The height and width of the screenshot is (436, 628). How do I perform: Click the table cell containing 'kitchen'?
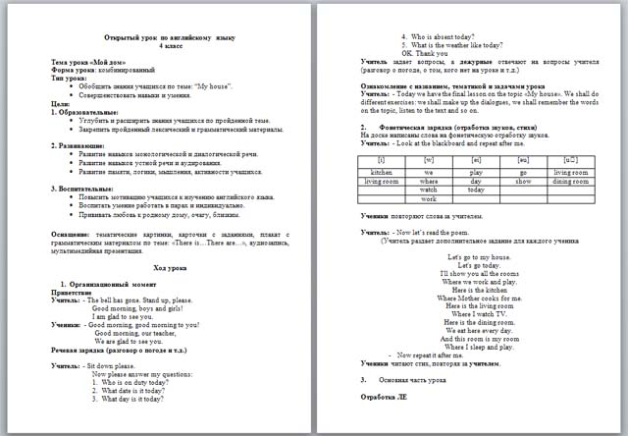[381, 172]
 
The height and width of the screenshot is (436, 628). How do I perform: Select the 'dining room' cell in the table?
[570, 182]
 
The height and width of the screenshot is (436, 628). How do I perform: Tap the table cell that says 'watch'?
[428, 190]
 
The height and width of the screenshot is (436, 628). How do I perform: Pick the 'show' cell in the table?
[523, 182]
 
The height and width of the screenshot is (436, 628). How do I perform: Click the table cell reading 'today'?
[475, 190]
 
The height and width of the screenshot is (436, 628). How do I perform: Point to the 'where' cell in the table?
[428, 182]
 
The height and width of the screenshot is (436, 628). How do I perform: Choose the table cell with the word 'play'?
[475, 172]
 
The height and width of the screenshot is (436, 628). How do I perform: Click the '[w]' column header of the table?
[428, 158]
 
